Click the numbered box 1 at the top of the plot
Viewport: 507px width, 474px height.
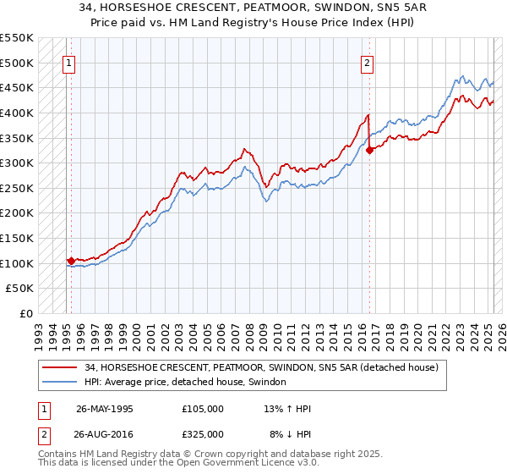tap(68, 62)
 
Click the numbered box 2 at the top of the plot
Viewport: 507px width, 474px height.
tap(368, 62)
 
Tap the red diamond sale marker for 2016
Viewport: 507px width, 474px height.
tap(370, 151)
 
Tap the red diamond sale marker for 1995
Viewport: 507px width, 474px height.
tap(71, 261)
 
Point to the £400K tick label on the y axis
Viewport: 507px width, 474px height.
tap(17, 113)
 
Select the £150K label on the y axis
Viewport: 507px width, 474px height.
tap(17, 238)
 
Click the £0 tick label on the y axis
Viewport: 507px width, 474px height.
tap(25, 313)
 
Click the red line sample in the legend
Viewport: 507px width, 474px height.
tap(61, 368)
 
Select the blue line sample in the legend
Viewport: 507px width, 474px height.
tap(61, 383)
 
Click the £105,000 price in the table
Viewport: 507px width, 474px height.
tap(203, 408)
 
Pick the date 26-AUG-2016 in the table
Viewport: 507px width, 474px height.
tap(105, 433)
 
